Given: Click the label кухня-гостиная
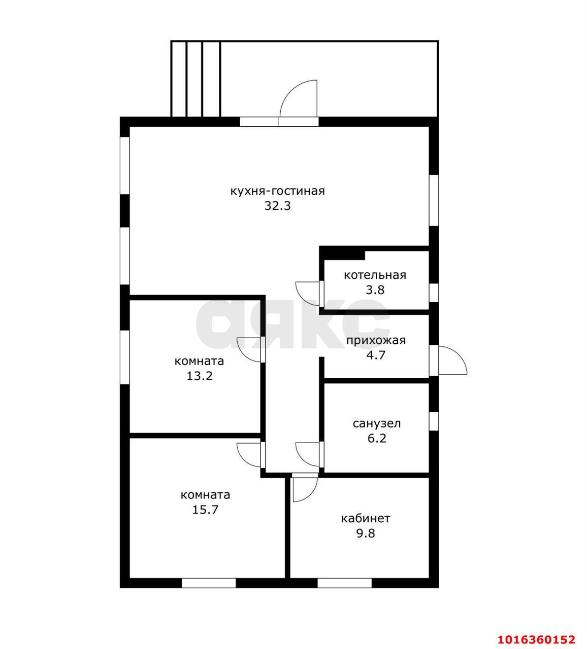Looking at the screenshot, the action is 277,191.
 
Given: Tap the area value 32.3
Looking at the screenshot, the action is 278,206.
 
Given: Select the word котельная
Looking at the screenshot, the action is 375,275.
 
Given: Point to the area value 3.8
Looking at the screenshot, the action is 375,290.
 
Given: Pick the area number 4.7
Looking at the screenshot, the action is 376,355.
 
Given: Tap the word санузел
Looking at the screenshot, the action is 377,423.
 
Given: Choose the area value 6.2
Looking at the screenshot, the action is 377,439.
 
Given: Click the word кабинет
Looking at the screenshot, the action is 366,518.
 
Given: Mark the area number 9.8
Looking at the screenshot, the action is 366,533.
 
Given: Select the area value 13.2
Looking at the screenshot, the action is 200,376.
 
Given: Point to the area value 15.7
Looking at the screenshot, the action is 206,510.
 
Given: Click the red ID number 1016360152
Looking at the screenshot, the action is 537,639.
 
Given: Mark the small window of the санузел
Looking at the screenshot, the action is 434,421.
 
